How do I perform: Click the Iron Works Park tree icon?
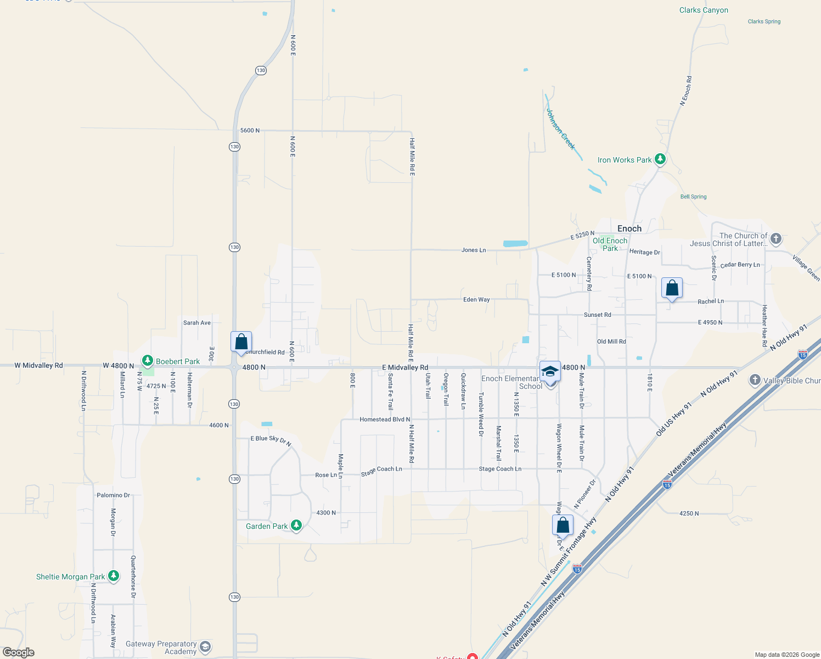tap(660, 159)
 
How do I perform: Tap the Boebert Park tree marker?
tap(147, 361)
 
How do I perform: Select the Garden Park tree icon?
tap(296, 526)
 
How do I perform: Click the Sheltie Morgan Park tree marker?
tap(114, 576)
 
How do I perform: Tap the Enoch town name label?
tap(629, 228)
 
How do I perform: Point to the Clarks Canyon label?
tap(704, 10)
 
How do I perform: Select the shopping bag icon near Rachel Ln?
tap(672, 288)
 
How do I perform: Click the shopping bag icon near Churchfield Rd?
tap(241, 342)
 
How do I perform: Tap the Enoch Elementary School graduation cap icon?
tap(550, 372)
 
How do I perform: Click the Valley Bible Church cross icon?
tap(755, 380)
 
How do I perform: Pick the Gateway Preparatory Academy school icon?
tap(205, 647)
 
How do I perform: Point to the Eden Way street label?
tap(476, 300)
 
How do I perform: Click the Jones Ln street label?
tap(473, 250)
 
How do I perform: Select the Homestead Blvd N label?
tap(385, 420)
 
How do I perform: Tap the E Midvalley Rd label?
tap(405, 367)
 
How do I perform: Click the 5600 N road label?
tap(250, 131)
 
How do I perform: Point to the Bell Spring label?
tap(693, 197)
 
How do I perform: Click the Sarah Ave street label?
tap(196, 323)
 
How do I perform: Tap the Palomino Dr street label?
tap(113, 495)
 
